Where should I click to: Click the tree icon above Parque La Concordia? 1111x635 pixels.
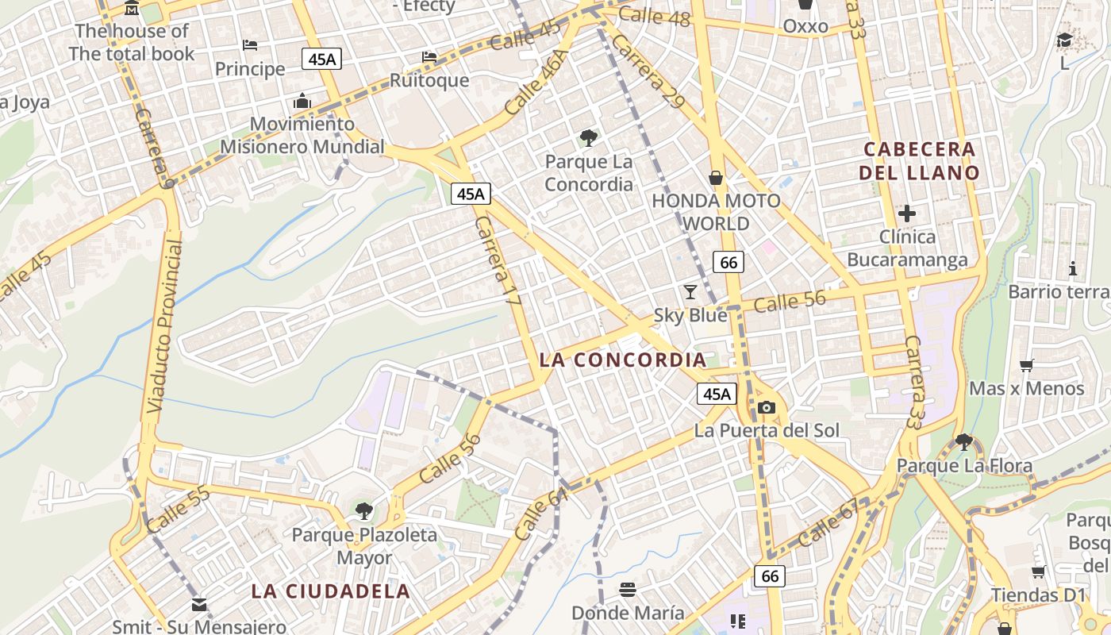(x=588, y=138)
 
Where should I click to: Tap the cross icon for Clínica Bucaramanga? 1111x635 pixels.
(x=907, y=213)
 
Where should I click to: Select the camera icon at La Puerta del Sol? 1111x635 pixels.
(x=766, y=407)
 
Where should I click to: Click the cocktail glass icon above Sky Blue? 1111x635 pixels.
(x=690, y=291)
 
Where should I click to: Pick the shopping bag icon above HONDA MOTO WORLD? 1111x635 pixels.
(x=716, y=177)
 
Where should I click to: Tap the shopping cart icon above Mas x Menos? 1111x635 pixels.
(x=1027, y=365)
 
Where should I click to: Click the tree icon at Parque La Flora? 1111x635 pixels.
(x=964, y=441)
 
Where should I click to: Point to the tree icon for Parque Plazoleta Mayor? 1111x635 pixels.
(x=363, y=510)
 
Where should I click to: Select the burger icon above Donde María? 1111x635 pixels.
(x=628, y=590)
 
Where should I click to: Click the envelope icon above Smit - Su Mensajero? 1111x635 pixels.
(x=199, y=605)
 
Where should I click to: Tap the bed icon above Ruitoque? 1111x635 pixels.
(x=429, y=57)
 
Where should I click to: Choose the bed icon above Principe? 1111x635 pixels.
(x=250, y=45)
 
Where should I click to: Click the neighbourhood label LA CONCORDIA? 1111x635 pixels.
(x=622, y=360)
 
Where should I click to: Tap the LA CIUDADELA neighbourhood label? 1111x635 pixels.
(x=331, y=591)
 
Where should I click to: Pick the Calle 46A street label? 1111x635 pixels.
(x=536, y=81)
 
